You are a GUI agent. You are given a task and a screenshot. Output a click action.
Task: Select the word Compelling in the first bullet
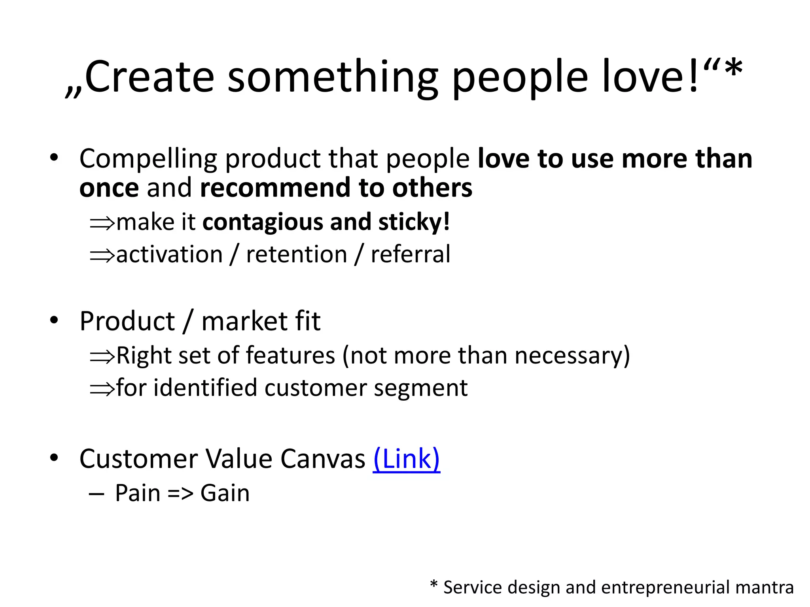(x=148, y=159)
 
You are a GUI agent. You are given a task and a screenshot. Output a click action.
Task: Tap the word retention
(x=297, y=254)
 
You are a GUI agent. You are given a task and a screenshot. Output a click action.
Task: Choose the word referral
(x=411, y=254)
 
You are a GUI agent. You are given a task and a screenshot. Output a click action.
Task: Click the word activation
(x=170, y=254)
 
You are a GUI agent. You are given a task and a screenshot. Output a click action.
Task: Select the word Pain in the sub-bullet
(x=138, y=493)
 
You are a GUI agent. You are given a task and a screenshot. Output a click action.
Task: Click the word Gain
(x=225, y=493)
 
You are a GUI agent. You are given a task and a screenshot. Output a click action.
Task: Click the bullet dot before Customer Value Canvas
(x=54, y=458)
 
